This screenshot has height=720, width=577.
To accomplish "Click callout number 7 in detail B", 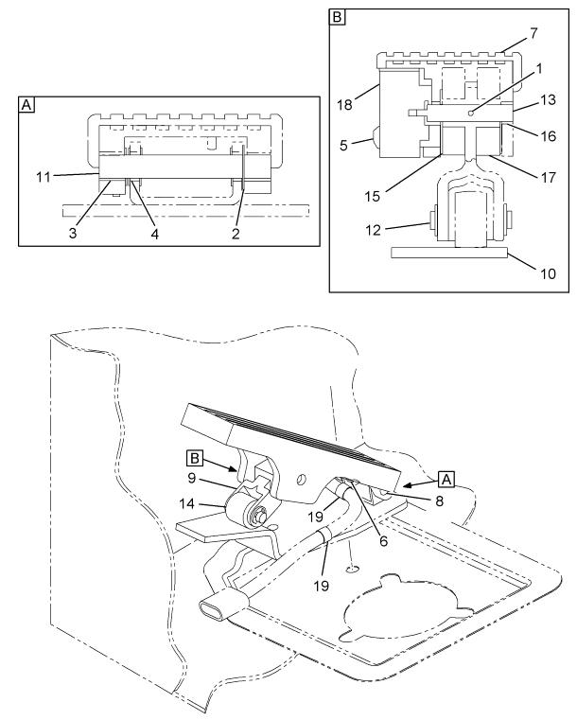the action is (533, 33).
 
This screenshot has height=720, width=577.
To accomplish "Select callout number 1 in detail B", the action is (539, 69).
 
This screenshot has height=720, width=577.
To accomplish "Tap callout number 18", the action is (344, 105).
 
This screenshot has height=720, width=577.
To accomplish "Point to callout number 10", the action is (548, 273).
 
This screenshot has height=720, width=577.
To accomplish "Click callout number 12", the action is (374, 230).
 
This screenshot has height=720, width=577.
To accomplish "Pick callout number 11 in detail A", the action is (44, 177).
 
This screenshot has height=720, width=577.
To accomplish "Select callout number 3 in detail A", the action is (73, 233).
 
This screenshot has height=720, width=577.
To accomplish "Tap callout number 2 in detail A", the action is (236, 234).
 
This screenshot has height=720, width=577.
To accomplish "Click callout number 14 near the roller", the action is (187, 503).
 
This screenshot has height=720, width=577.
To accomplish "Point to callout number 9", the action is (192, 478).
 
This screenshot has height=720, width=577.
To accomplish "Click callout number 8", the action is (439, 500).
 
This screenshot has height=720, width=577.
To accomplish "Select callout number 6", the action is (383, 541).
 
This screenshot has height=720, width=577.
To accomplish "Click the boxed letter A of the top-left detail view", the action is (27, 105).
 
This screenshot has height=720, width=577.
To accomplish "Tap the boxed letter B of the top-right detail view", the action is (338, 18).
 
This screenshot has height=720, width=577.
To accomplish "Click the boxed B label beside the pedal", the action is (195, 458).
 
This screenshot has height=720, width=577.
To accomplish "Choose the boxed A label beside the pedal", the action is (446, 480).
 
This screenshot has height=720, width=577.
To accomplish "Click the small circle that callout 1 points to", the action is (470, 114).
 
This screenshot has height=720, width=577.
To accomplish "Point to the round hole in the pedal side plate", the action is (301, 480).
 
